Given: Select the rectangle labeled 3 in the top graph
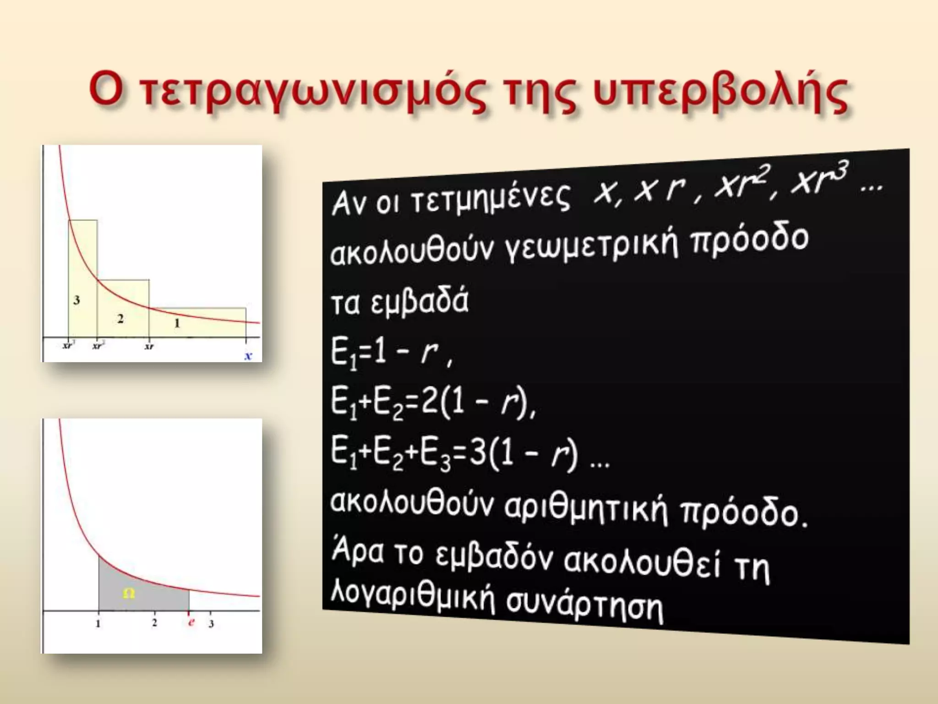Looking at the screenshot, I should point(82,275).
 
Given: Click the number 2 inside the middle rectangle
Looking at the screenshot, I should point(120,319).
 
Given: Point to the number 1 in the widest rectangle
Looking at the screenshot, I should point(177,324).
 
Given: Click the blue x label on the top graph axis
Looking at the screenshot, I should point(248,356).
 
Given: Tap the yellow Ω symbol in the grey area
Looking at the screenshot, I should point(129,594).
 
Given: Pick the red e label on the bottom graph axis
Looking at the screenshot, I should point(191,622).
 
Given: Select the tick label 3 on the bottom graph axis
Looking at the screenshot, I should point(211,624).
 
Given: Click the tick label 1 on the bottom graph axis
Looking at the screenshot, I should point(98,624).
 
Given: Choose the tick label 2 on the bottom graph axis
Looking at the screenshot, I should point(155,623).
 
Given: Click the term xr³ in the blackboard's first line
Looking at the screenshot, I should point(820,180).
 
